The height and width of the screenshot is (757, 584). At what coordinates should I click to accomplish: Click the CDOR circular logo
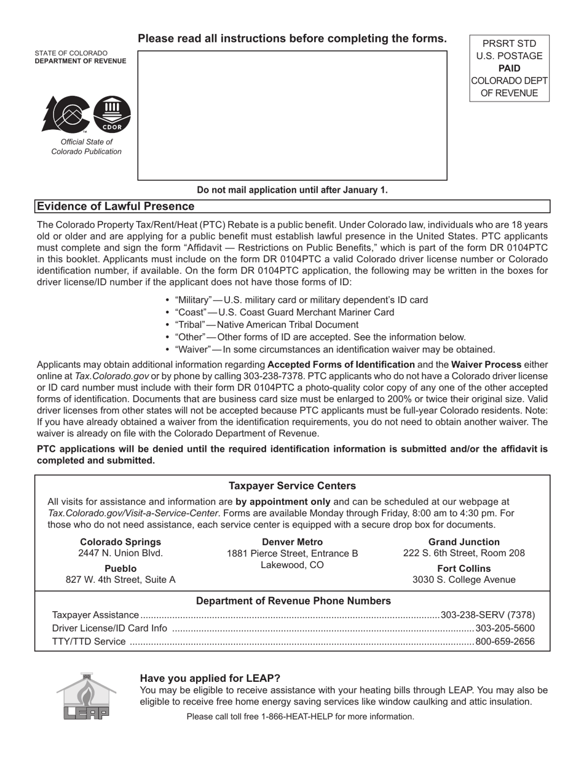(x=112, y=114)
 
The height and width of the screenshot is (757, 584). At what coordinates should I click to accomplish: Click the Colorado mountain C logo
(x=66, y=114)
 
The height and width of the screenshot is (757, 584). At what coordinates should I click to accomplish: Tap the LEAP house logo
(x=86, y=696)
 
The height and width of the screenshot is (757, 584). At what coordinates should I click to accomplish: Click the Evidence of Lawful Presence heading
(x=116, y=207)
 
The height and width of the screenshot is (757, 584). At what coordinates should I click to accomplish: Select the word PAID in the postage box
(x=509, y=68)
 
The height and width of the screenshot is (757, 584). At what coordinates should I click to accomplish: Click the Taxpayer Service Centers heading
(x=292, y=486)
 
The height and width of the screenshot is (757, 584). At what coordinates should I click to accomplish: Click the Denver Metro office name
(x=292, y=542)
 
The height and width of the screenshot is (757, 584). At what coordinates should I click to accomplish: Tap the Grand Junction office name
(x=464, y=542)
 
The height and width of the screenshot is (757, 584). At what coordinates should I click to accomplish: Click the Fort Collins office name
(x=464, y=568)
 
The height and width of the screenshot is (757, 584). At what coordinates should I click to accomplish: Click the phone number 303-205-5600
(x=505, y=628)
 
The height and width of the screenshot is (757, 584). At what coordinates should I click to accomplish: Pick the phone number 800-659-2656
(x=505, y=642)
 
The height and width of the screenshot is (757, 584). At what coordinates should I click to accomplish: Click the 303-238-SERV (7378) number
(x=488, y=615)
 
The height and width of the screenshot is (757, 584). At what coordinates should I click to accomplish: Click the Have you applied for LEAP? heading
(x=210, y=678)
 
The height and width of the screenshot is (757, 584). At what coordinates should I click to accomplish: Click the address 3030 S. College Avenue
(x=464, y=580)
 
